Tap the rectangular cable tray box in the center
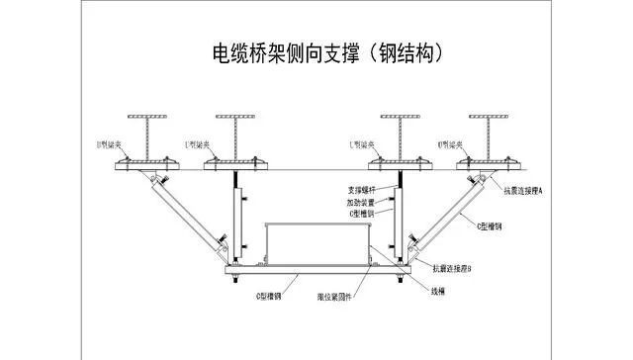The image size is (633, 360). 316,243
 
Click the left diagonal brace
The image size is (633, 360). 189,217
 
